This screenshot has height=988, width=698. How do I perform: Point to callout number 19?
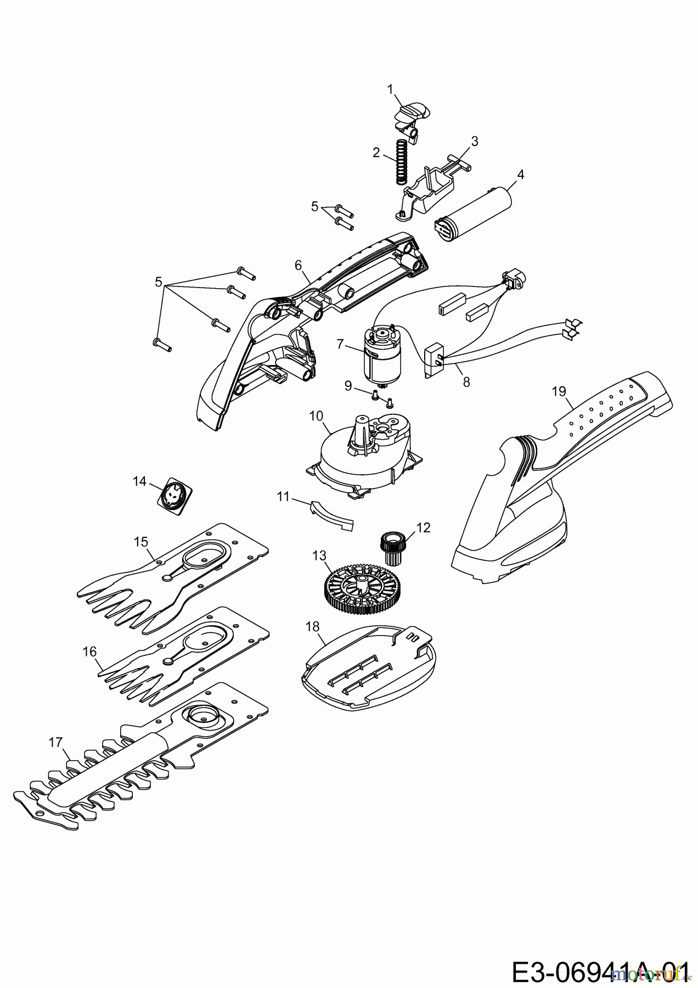(559, 391)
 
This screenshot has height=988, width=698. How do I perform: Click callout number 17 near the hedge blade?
(55, 743)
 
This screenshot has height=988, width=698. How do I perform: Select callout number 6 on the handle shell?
(299, 265)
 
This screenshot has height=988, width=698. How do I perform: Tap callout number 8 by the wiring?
(466, 382)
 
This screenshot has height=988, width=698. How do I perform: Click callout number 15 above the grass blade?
(141, 541)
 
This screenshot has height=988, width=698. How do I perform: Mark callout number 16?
(89, 652)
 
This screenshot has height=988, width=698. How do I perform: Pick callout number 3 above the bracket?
(475, 141)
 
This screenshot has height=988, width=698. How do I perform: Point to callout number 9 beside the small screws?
(348, 386)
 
